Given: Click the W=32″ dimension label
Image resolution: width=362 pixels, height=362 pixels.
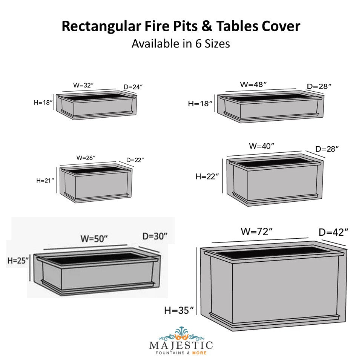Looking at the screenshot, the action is pos(83,85).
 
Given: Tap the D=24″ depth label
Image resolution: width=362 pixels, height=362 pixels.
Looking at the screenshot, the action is pos(133,87).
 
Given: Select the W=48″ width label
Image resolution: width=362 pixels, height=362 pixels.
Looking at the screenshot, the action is pos(253,84).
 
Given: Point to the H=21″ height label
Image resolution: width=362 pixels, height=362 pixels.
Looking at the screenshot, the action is pos(45,181).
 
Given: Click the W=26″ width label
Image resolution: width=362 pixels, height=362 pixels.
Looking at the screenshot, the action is pos(86,158).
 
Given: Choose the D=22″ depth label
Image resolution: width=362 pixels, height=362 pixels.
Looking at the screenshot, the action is pos(135,160).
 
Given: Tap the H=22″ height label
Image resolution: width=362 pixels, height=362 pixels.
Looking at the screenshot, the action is pos(207,176).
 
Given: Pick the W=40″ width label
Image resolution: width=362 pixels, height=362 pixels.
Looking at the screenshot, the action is pos(262,146).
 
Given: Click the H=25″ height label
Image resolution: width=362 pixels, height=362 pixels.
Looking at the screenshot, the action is pos(18,261).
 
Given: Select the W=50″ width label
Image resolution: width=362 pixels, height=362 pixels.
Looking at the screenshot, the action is pos(94,239).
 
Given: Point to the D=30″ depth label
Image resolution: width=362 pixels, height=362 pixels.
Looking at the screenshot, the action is pos(155,236).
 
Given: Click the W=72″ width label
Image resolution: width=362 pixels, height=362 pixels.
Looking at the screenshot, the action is pos(257,232).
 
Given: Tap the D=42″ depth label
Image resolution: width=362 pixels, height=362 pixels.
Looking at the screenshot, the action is pos(333,232).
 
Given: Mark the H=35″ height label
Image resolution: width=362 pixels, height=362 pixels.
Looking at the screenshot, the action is pos(179,310).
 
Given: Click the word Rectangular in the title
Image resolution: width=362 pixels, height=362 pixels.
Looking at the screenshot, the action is pos(101,26).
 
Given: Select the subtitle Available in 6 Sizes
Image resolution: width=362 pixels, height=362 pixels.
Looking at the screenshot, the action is pos(181,44).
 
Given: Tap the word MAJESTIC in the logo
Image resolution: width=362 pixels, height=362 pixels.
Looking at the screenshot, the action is pos(181,345).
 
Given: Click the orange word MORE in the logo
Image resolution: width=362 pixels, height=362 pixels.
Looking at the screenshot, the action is pos(199,353).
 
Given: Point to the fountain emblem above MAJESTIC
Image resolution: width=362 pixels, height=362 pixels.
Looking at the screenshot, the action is pos(181,334).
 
